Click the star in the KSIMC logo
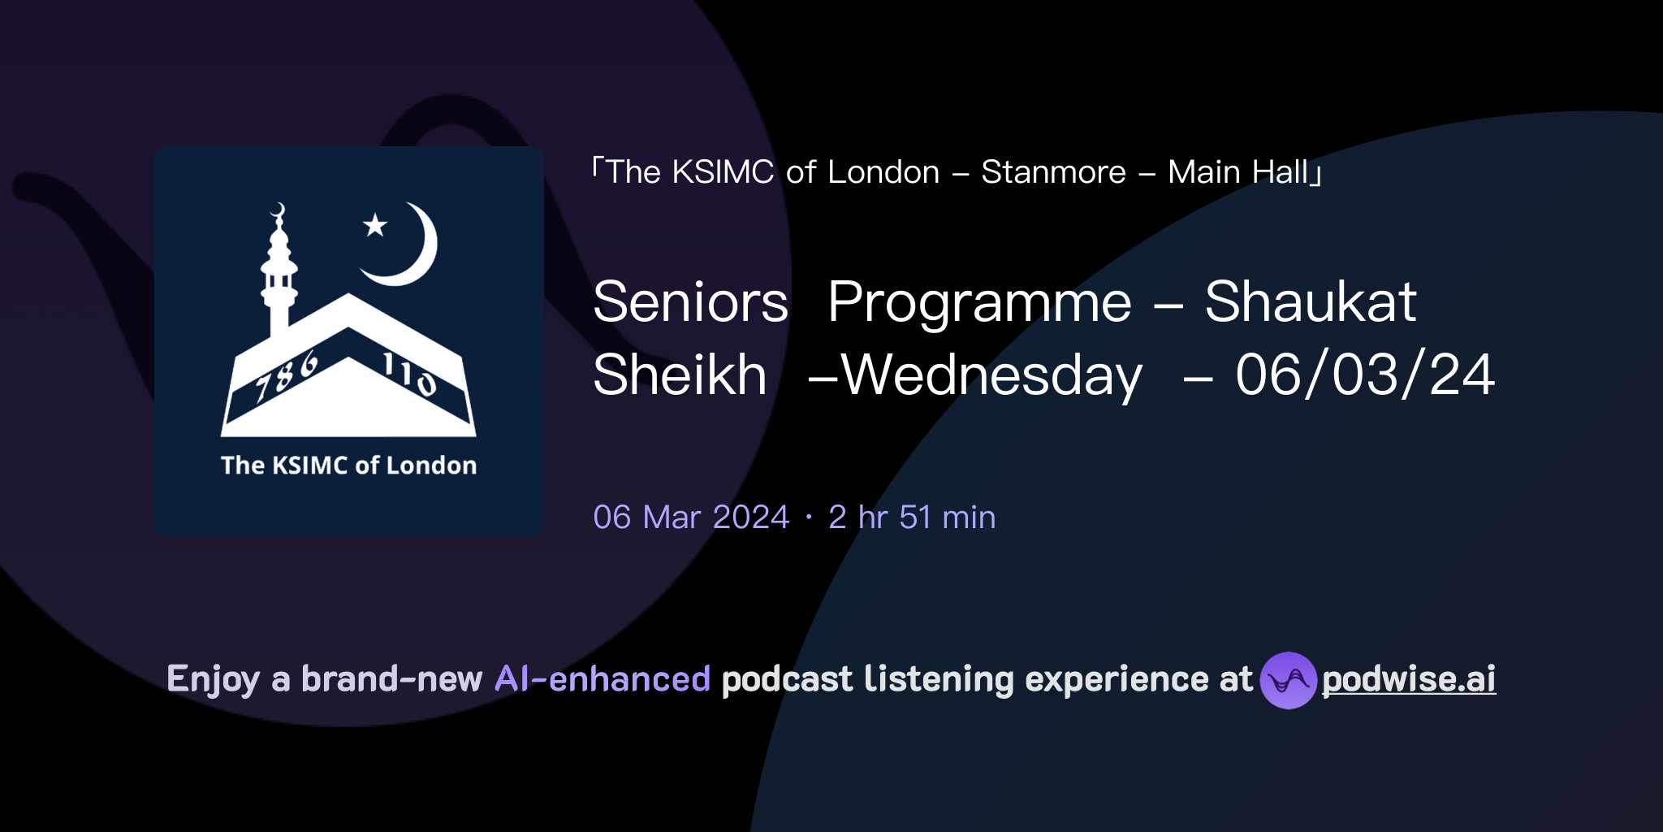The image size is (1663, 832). [375, 225]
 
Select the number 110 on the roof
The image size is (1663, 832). [409, 373]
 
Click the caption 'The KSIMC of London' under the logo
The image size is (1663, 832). [348, 466]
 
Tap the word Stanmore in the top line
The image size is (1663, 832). [1053, 172]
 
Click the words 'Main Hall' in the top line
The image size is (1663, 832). [1238, 172]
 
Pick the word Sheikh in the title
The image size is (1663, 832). [680, 375]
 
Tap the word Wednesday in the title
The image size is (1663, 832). [991, 375]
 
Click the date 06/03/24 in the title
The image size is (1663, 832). [1364, 375]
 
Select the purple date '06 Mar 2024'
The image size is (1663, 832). [691, 518]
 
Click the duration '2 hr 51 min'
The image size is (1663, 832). [911, 518]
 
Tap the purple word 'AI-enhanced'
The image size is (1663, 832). [603, 679]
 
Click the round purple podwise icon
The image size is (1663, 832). [1288, 680]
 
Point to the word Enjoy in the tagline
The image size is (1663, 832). [213, 679]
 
